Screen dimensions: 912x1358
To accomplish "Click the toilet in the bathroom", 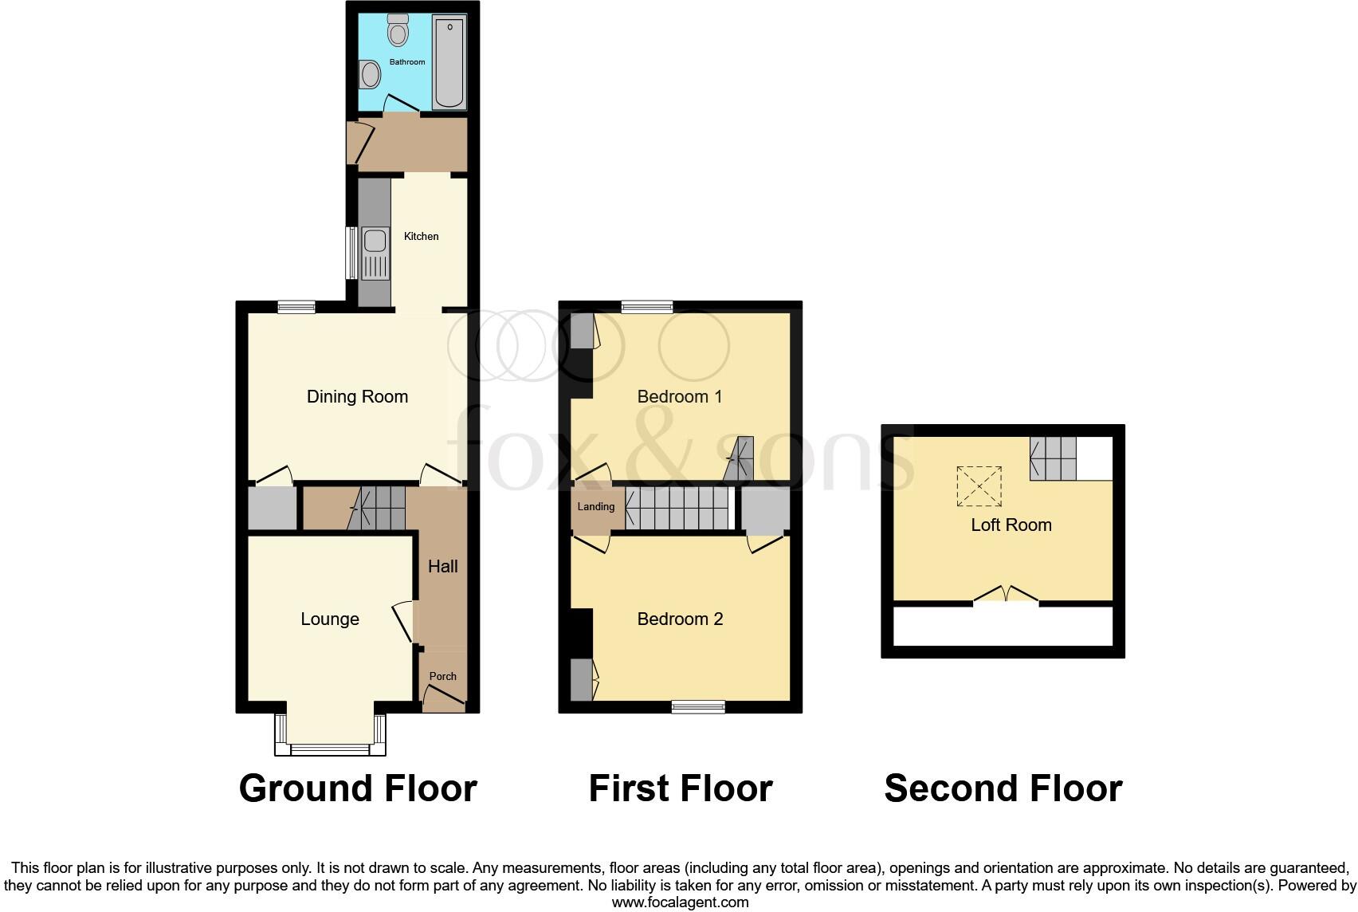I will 398,31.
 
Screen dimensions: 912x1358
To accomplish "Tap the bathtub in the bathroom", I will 449,62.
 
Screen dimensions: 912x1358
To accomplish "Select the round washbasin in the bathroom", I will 370,76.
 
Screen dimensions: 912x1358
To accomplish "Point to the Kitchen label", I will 421,236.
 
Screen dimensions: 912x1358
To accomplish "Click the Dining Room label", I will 357,396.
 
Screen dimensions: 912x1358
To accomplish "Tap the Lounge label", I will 329,619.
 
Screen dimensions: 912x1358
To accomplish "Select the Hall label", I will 442,566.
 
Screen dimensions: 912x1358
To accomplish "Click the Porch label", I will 442,676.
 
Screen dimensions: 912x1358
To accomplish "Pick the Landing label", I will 595,507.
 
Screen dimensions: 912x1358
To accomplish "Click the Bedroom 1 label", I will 679,396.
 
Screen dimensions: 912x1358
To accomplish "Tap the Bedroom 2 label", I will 680,619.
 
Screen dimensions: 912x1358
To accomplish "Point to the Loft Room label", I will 1011,525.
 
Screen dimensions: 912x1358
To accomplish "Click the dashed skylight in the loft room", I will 979,485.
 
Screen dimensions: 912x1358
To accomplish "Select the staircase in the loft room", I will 1053,458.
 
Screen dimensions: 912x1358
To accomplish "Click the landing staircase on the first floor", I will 678,509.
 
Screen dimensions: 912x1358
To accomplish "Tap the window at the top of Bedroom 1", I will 647,307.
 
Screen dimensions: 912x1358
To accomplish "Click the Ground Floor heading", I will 358,788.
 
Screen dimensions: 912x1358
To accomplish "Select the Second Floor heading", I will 1003,788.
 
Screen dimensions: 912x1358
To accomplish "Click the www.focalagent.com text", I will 680,902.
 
